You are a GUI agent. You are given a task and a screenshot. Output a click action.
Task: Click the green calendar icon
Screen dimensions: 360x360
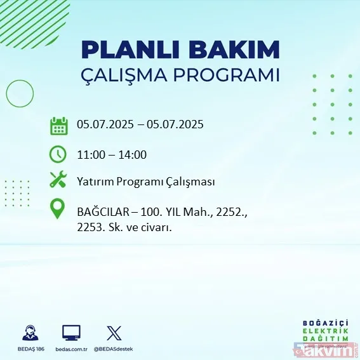(x=58, y=125)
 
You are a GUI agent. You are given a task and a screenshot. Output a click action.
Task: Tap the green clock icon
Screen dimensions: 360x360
(x=58, y=154)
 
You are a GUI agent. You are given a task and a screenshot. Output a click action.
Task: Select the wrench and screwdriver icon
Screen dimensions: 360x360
(x=58, y=181)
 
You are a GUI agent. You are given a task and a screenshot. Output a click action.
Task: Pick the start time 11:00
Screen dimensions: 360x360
(x=90, y=154)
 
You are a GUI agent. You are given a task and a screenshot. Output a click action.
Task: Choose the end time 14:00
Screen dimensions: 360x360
(x=133, y=154)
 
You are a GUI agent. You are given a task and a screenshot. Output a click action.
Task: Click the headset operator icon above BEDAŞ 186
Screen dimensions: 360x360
(x=29, y=332)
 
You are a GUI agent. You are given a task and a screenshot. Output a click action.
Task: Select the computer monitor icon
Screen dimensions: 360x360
(x=71, y=332)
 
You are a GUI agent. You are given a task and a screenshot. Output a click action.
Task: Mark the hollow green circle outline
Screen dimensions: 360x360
(x=20, y=94)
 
